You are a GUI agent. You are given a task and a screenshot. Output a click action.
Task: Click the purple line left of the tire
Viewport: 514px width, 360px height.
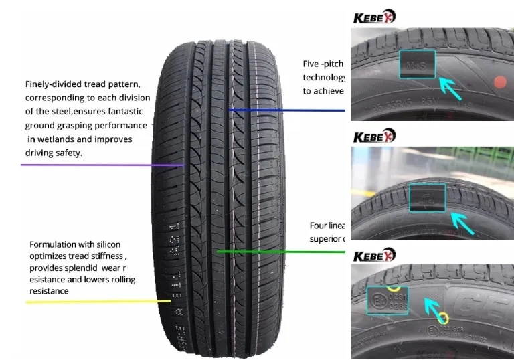tap(100, 164)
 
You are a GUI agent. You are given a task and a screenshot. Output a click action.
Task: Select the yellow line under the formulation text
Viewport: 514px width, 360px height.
tap(94, 302)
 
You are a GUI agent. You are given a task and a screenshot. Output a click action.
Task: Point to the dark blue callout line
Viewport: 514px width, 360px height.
tap(288, 110)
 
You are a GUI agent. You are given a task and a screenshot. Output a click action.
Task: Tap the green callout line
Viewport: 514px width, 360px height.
tap(281, 252)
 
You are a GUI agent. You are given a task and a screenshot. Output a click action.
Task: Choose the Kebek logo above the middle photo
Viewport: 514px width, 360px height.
tap(374, 136)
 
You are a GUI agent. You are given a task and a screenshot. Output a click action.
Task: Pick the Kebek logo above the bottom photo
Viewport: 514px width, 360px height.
tap(374, 255)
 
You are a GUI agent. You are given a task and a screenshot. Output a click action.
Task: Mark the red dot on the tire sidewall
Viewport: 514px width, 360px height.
tap(499, 82)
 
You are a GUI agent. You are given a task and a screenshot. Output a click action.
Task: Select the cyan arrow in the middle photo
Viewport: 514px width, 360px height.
tap(464, 223)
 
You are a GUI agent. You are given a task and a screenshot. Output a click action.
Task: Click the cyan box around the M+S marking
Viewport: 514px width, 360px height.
tap(417, 65)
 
